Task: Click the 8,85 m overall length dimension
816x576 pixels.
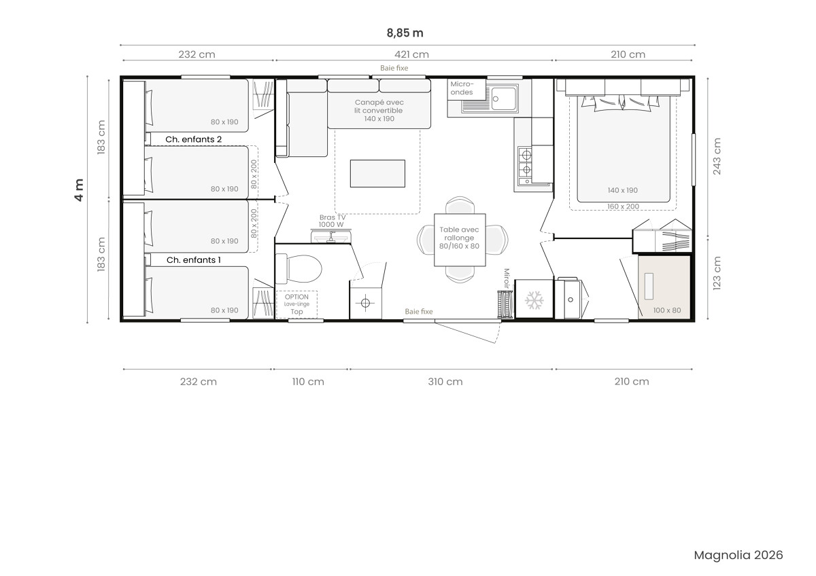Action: (x=405, y=33)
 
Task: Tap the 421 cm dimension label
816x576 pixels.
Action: (x=411, y=54)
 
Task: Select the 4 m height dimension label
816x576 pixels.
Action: (x=79, y=190)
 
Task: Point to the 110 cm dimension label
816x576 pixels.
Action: (x=308, y=382)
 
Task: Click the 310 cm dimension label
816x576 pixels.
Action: (x=445, y=382)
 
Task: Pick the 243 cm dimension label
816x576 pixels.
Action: (x=717, y=156)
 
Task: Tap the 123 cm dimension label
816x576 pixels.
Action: (x=717, y=273)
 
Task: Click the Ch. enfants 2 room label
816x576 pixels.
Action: (x=193, y=139)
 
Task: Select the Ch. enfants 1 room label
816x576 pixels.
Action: (x=193, y=260)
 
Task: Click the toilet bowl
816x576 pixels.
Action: (x=299, y=269)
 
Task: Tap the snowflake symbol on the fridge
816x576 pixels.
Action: (x=534, y=300)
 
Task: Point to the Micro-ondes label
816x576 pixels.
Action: (x=462, y=88)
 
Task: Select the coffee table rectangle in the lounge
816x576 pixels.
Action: (x=377, y=174)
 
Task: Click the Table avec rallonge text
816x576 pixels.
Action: (x=459, y=238)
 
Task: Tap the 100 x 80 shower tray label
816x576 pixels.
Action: (x=667, y=310)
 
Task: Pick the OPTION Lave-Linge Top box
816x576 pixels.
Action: (x=296, y=304)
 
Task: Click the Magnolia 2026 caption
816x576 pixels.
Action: (x=738, y=555)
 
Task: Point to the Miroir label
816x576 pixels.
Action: (x=507, y=278)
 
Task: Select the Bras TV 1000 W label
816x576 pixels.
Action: (x=332, y=221)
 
